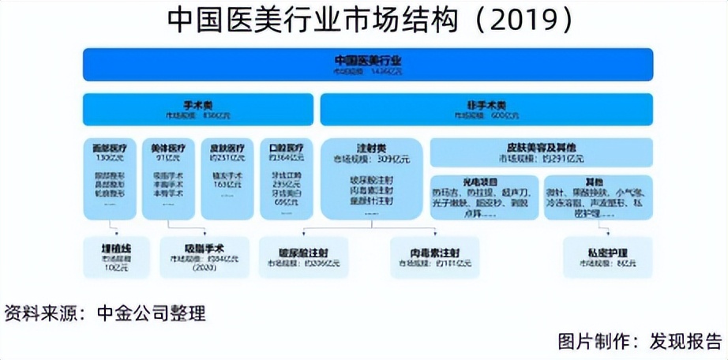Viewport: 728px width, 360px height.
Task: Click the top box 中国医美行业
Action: tap(368, 64)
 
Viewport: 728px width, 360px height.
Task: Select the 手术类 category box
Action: tap(200, 109)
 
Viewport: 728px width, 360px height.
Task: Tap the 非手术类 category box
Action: tap(486, 109)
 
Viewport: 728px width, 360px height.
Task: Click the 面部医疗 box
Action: tap(111, 178)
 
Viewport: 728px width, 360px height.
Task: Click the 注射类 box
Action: tap(370, 178)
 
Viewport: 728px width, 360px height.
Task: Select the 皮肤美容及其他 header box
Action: tap(541, 152)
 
